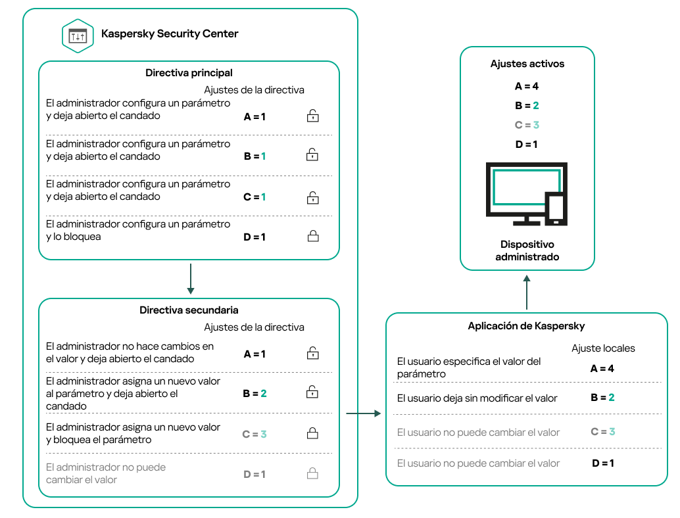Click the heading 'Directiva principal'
tap(189, 73)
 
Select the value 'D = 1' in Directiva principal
tap(255, 237)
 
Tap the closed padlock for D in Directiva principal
tap(313, 236)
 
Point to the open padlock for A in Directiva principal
tap(313, 116)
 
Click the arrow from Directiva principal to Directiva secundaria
tap(189, 279)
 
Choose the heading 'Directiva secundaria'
tap(189, 310)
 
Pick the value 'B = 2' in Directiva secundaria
tap(255, 393)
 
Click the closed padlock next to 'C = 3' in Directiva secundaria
tap(313, 433)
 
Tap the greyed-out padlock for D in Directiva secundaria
tap(313, 473)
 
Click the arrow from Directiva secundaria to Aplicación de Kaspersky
tap(363, 413)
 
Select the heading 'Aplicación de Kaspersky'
tap(526, 326)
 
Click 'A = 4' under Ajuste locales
tap(602, 369)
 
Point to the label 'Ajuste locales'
tap(603, 348)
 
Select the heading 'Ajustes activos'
tap(527, 64)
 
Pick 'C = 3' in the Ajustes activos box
tap(527, 125)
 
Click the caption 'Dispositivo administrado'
tap(527, 250)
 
